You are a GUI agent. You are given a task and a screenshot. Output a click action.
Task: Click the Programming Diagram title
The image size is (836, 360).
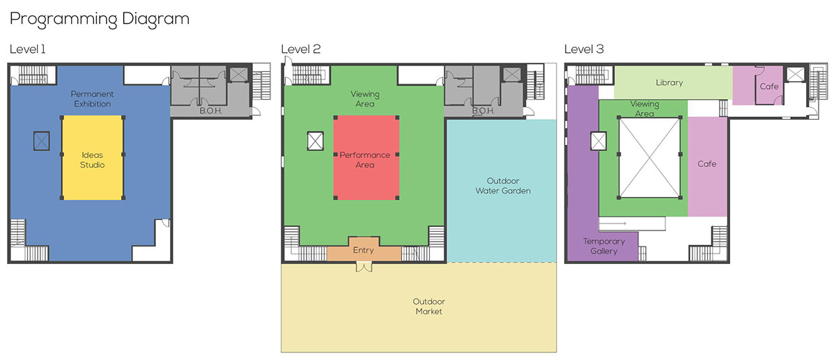[x=100, y=19]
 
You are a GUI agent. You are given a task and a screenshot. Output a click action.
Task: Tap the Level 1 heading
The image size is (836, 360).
[x=28, y=49]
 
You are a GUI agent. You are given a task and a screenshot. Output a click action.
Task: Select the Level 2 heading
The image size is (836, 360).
[x=301, y=49]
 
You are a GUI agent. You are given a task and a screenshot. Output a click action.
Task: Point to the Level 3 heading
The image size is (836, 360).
[x=584, y=49]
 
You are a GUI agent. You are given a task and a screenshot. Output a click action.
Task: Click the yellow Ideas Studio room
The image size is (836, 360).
[x=93, y=158]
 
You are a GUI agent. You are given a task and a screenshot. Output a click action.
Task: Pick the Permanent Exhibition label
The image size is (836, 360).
[x=92, y=99]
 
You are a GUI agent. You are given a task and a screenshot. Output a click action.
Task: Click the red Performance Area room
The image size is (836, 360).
[x=366, y=158]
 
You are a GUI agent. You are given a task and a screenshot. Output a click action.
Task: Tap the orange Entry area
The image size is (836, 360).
[x=364, y=250]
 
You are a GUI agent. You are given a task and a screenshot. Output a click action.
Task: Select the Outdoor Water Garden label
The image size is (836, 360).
[x=503, y=186]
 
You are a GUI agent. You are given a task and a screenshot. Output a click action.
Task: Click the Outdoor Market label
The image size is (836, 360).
[x=429, y=306]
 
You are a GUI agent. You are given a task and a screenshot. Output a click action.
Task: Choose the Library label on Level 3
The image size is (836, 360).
[x=669, y=83]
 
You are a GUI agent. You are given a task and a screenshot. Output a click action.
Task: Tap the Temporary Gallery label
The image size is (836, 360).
[x=604, y=246]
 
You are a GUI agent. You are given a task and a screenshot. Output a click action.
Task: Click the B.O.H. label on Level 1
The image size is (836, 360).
[x=211, y=111]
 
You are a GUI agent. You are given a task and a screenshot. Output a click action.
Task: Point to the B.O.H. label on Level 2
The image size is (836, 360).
[x=483, y=111]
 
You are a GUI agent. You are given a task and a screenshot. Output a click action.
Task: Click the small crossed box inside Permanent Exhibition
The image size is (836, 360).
[x=41, y=141]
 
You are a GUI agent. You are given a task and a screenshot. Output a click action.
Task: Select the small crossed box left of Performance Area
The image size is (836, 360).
[x=316, y=141]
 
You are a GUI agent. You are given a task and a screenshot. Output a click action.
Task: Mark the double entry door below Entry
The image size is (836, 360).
[x=364, y=267]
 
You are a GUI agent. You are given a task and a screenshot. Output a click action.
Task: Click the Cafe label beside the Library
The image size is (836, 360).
[x=769, y=86]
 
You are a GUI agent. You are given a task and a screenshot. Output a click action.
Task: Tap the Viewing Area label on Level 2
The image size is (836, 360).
[x=365, y=99]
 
